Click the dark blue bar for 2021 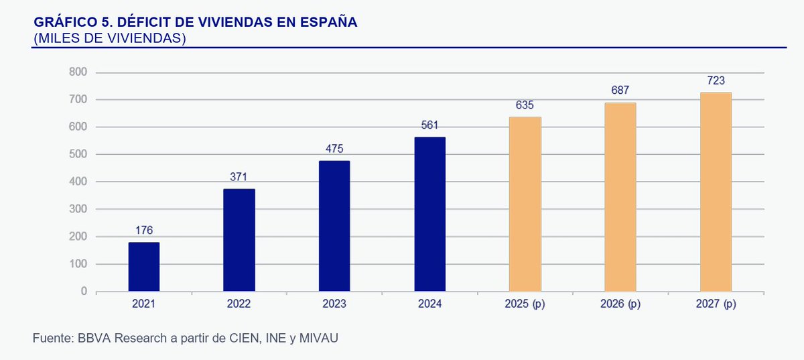tap(143, 267)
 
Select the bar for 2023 tap(334, 226)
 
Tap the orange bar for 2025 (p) tap(525, 204)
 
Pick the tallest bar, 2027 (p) tap(716, 192)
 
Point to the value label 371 tap(239, 177)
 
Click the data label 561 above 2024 tap(429, 125)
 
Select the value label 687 tap(620, 91)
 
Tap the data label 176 tap(143, 231)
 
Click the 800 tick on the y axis tap(78, 72)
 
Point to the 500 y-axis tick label tap(78, 155)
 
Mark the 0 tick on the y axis tap(84, 292)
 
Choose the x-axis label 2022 tap(239, 304)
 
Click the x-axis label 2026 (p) tap(620, 304)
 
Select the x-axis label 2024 tap(429, 304)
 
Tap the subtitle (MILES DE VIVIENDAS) tap(109, 38)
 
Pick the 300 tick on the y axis tap(78, 209)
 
